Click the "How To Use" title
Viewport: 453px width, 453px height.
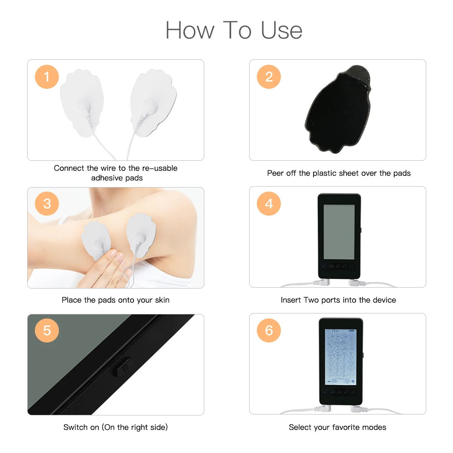click(234, 30)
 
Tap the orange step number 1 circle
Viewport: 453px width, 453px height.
click(47, 77)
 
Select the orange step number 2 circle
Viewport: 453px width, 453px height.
click(269, 77)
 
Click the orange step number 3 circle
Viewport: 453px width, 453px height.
click(47, 203)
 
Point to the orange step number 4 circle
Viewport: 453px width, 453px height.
click(269, 203)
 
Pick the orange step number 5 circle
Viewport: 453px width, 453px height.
click(47, 330)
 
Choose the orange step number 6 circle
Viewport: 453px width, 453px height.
click(269, 330)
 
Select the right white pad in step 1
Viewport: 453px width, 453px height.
click(152, 102)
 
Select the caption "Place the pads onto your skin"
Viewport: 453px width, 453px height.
click(116, 300)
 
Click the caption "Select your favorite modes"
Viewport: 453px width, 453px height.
click(337, 427)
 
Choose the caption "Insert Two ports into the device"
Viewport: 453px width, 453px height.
click(338, 300)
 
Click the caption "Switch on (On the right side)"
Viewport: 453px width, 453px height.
click(116, 427)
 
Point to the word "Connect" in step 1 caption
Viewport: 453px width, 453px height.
click(69, 168)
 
